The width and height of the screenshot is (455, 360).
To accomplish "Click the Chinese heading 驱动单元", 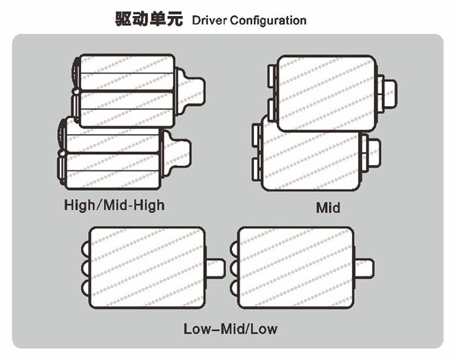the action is (149, 20).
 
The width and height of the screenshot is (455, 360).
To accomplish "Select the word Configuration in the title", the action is (268, 20).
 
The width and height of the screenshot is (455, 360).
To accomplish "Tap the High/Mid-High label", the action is (115, 205).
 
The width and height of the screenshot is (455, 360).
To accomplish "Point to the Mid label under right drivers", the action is (328, 208).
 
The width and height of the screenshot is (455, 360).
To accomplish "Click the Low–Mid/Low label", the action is (231, 329).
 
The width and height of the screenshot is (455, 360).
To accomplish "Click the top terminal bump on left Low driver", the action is (85, 249).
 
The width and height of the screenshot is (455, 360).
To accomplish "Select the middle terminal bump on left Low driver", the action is (85, 268).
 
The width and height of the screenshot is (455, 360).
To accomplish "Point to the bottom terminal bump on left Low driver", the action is (85, 287).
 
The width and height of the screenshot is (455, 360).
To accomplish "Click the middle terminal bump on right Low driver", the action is (234, 268).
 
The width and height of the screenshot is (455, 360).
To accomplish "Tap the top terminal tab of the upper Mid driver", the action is (272, 76).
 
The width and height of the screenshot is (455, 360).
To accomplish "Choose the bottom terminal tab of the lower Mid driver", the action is (256, 170).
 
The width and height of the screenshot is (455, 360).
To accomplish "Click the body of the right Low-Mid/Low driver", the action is (296, 268).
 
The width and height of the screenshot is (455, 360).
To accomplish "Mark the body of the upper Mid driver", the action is (327, 93).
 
